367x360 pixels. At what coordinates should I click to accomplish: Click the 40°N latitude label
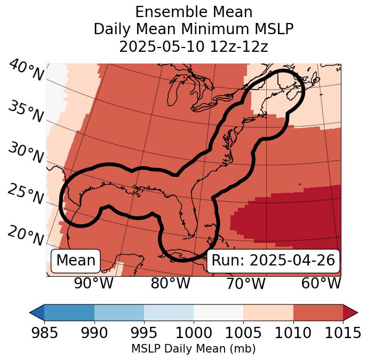click(x=26, y=71)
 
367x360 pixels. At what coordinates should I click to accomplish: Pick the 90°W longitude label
click(x=94, y=283)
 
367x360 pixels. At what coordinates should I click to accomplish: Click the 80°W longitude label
click(x=170, y=283)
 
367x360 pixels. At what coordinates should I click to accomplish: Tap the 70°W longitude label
click(x=246, y=283)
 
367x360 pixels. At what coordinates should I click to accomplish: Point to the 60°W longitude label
click(x=321, y=283)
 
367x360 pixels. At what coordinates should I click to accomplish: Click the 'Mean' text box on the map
click(x=76, y=261)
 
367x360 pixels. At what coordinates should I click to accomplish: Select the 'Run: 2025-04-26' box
click(x=273, y=261)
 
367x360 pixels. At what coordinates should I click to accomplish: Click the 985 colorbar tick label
click(x=44, y=333)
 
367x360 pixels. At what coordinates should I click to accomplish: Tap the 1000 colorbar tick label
click(x=194, y=333)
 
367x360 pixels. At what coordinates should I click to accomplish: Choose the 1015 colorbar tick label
click(x=342, y=333)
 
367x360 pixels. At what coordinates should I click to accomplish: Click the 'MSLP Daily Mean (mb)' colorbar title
click(x=193, y=349)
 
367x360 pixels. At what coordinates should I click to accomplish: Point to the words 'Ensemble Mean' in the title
click(x=194, y=12)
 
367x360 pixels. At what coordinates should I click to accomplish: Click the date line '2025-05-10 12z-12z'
click(x=194, y=46)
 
